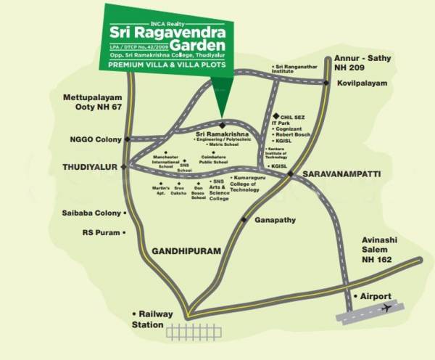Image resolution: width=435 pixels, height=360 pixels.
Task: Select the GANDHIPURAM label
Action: coord(185,251)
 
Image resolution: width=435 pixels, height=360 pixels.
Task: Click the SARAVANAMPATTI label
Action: coord(337,175)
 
